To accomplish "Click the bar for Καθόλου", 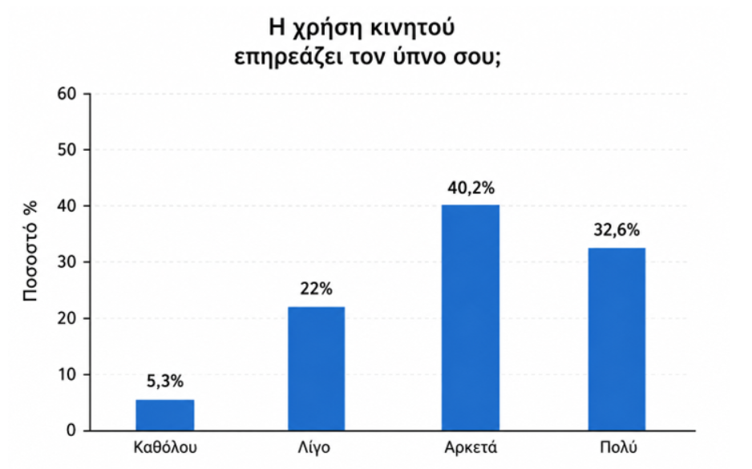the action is click(x=165, y=414).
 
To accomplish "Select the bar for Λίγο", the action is click(x=316, y=368).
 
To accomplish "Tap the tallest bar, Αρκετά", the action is click(x=471, y=317).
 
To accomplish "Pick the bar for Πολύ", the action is click(x=617, y=339).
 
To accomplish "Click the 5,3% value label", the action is click(x=165, y=382).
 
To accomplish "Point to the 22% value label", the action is click(x=316, y=289).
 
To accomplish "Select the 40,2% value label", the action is click(x=471, y=188).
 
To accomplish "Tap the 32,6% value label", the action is click(x=617, y=230).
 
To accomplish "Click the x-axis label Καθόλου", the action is click(x=165, y=447).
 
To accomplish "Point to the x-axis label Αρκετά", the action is click(x=471, y=447).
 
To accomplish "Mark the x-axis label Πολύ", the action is click(x=619, y=447).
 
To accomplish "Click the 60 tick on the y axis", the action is click(x=67, y=94).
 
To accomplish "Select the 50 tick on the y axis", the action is click(x=67, y=150).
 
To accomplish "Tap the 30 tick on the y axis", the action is click(x=67, y=262).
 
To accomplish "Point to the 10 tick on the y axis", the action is click(x=67, y=374).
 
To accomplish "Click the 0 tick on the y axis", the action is click(x=71, y=431).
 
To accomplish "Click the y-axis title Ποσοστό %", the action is click(x=30, y=251).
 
